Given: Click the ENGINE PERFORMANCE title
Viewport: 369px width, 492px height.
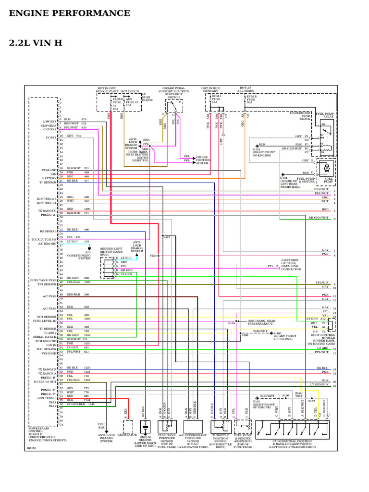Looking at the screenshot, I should click(x=70, y=13).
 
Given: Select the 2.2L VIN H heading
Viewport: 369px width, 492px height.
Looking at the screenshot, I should click(x=36, y=43).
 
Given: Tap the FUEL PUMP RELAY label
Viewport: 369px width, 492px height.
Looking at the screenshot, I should click(x=325, y=115).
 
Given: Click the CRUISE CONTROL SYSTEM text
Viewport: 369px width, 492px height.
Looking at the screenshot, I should click(x=202, y=160).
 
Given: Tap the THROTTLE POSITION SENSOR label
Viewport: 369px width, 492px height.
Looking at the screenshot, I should click(x=221, y=441).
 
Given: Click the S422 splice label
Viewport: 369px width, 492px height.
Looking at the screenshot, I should click(x=166, y=237).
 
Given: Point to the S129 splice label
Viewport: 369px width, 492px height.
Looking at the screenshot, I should click(x=153, y=256).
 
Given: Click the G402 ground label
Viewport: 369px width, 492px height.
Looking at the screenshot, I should click(x=283, y=178).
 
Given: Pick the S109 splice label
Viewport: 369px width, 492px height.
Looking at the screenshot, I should click(x=232, y=323).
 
